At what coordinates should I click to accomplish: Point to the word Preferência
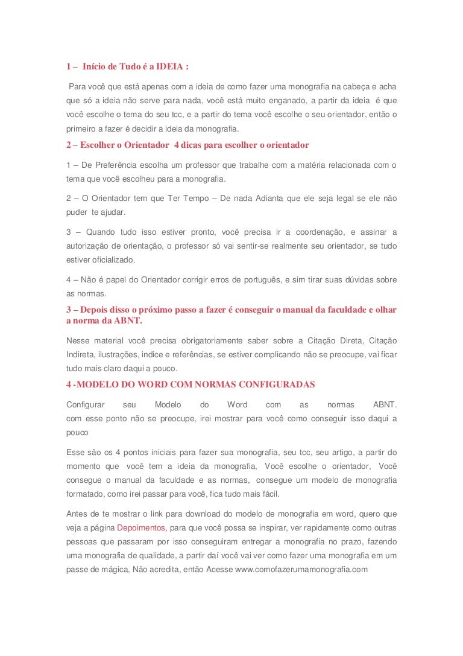click(x=122, y=165)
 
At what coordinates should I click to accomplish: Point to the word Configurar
click(x=86, y=405)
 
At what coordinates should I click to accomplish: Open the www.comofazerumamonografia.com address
click(x=301, y=569)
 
